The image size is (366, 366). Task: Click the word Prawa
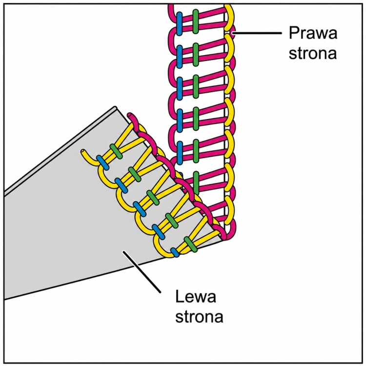[x=313, y=33]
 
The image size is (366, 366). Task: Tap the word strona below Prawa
[x=312, y=53]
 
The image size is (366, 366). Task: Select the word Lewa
[x=196, y=296]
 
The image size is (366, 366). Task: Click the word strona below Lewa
[x=199, y=316]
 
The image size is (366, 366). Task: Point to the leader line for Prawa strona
[x=257, y=33]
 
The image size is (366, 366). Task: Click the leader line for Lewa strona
[x=142, y=272]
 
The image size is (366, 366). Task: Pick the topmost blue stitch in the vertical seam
[x=179, y=24]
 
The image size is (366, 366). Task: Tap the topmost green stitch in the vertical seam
[x=196, y=21]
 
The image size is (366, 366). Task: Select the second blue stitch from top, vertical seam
[x=179, y=57]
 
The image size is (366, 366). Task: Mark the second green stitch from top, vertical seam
[x=196, y=54]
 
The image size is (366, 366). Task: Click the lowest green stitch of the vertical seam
[x=196, y=183]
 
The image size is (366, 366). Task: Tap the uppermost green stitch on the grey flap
[x=116, y=151]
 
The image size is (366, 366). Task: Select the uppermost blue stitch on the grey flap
[x=102, y=163]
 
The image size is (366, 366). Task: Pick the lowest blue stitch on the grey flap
[x=175, y=252]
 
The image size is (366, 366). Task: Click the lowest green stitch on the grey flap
[x=191, y=244]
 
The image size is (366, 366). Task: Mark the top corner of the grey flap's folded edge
[x=115, y=108]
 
